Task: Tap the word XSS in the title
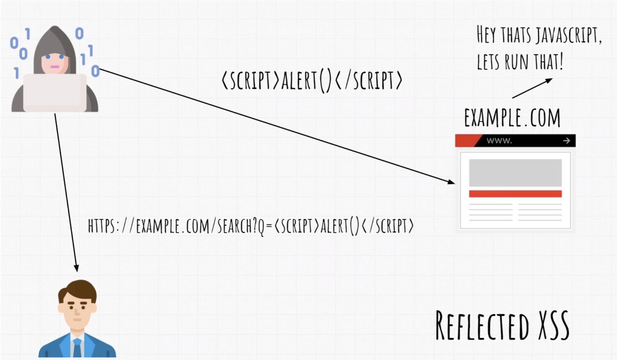554,325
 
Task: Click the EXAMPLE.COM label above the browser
512,118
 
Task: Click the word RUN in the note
516,62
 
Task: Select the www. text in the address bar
499,141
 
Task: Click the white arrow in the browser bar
566,141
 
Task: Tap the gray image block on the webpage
515,173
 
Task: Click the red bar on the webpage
515,194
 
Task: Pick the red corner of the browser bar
466,141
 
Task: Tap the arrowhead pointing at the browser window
451,181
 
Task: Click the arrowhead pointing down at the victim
76,268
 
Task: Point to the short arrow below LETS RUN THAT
532,88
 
